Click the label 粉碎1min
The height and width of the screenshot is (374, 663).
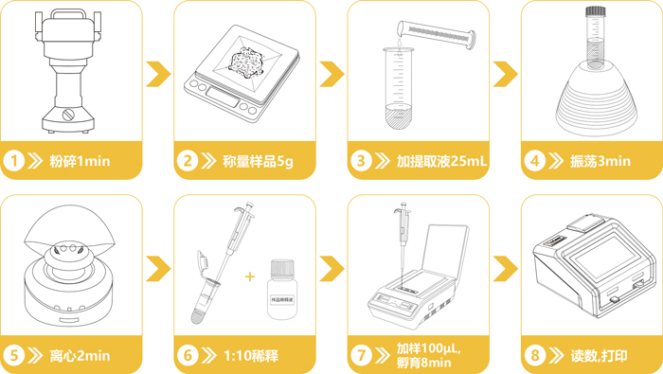coord(80,161)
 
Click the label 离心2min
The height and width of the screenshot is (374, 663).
coord(80,356)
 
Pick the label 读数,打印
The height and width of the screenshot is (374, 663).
coord(602,356)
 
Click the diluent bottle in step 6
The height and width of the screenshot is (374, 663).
coord(280,289)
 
